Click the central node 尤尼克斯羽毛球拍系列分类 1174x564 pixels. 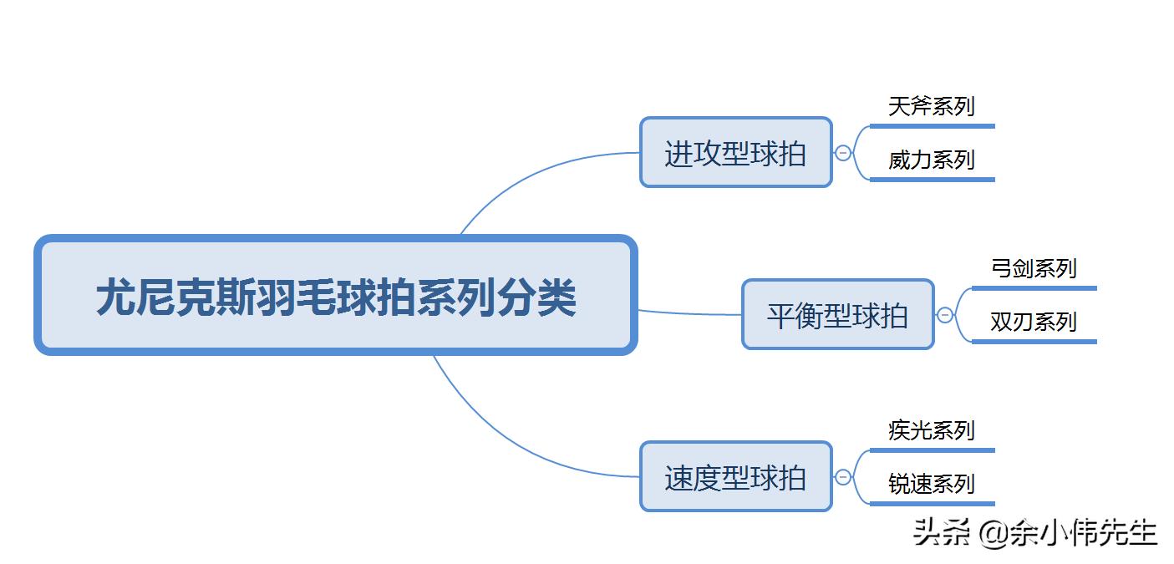tap(335, 295)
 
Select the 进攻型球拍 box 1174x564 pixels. tap(735, 153)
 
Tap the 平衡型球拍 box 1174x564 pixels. tap(837, 315)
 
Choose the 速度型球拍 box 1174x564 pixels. tap(735, 477)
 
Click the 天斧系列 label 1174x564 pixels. tap(931, 107)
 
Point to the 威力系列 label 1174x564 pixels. tap(931, 160)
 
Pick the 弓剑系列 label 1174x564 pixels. tap(1033, 269)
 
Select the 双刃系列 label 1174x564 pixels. tap(1033, 322)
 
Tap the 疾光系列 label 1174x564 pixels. tap(931, 431)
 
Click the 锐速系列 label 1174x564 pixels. tap(931, 484)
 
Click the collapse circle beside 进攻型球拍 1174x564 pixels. tap(843, 153)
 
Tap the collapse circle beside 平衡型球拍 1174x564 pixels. tap(945, 315)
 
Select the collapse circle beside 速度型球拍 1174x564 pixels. tap(843, 477)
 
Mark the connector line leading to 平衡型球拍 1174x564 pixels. tap(689, 314)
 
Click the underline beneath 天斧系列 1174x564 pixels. tap(932, 126)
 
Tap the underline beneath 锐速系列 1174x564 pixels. tap(932, 504)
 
